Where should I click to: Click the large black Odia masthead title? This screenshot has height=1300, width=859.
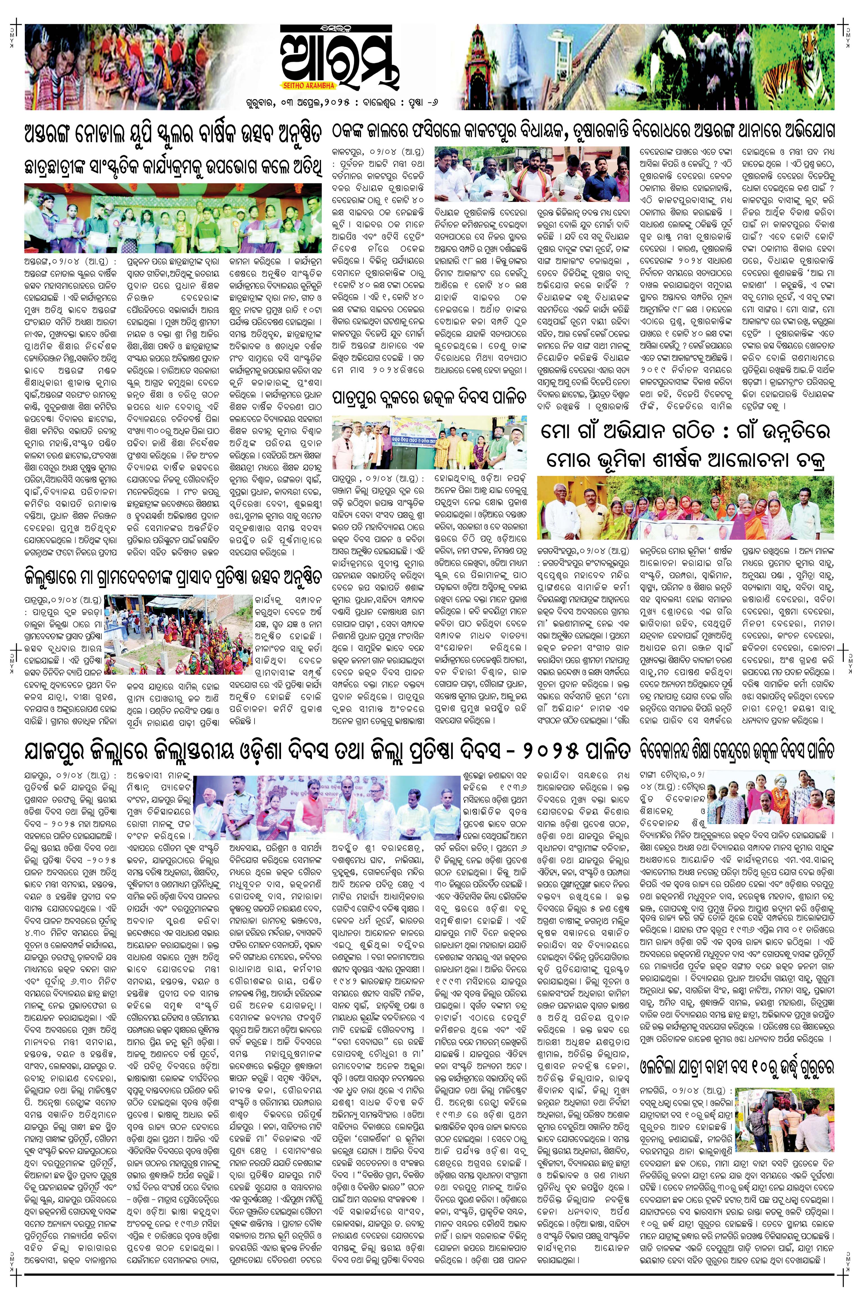340,57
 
